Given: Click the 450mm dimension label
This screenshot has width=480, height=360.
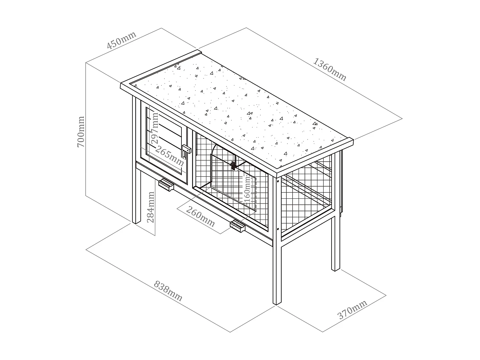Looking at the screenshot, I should [x=122, y=40].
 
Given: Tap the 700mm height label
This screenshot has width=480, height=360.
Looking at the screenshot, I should [x=81, y=132].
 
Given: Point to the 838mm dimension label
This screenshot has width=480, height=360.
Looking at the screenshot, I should [x=168, y=291].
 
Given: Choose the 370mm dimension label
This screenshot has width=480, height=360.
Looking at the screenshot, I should [x=352, y=309].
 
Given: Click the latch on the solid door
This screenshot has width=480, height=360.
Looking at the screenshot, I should [x=186, y=149].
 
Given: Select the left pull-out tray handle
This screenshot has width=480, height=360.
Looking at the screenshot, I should [x=166, y=185].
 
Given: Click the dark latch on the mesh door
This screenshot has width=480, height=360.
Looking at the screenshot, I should [x=234, y=165].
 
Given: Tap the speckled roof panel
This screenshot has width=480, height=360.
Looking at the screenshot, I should [x=237, y=109].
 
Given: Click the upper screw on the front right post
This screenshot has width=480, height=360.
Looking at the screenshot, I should [x=277, y=181].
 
